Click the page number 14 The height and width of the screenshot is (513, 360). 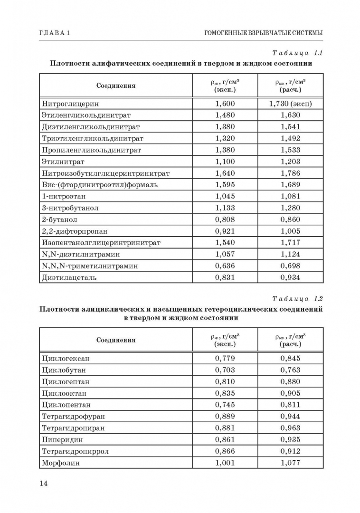[43, 484]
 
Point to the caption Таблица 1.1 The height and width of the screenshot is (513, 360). [298, 53]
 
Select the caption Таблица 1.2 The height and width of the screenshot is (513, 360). [298, 299]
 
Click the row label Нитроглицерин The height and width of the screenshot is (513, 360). [70, 104]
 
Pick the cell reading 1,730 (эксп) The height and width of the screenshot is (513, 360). [290, 104]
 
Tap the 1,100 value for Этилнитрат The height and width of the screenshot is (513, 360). [225, 161]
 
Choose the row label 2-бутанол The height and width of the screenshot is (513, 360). [59, 219]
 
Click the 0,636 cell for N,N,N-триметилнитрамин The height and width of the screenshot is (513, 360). [225, 266]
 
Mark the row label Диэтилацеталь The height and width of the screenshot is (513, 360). [69, 277]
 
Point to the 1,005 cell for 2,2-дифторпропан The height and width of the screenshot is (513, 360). [290, 231]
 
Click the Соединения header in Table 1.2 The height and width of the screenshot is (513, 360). [116, 340]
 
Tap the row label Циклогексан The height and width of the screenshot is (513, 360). [66, 358]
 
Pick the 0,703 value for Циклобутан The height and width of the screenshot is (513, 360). [225, 370]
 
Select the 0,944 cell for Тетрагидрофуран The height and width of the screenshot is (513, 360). [290, 417]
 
